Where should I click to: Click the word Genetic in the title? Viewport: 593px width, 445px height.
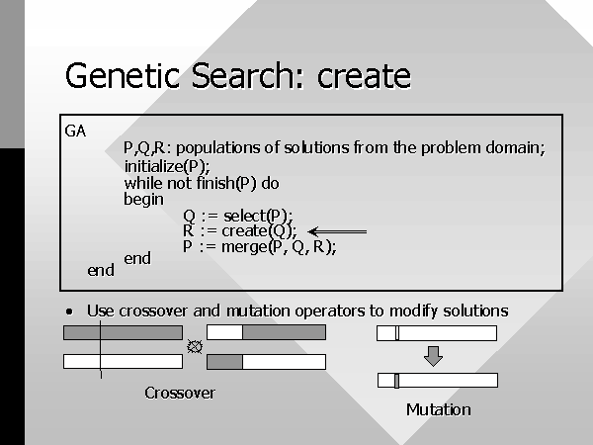[123, 75]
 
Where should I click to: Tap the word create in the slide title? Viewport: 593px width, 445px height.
[364, 77]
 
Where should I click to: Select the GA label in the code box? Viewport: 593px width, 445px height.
[75, 132]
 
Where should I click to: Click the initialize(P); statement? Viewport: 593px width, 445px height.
[167, 166]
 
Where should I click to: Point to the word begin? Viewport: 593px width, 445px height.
[143, 199]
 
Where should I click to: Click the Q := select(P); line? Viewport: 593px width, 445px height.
[238, 216]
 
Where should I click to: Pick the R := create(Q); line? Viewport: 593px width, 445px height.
[240, 231]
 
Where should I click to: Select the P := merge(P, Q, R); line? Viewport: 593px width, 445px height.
[259, 247]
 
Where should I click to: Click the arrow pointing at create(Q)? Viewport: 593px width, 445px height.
[337, 231]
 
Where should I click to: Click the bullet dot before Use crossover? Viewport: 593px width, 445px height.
[69, 311]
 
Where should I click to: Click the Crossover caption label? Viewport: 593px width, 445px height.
[180, 394]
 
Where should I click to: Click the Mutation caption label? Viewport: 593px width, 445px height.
[438, 409]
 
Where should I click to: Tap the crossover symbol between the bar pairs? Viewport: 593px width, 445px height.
[195, 347]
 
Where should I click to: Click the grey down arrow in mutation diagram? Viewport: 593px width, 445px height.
[434, 356]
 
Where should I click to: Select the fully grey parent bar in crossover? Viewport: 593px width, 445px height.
[123, 333]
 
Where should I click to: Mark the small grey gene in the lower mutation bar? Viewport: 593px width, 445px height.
[396, 381]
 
